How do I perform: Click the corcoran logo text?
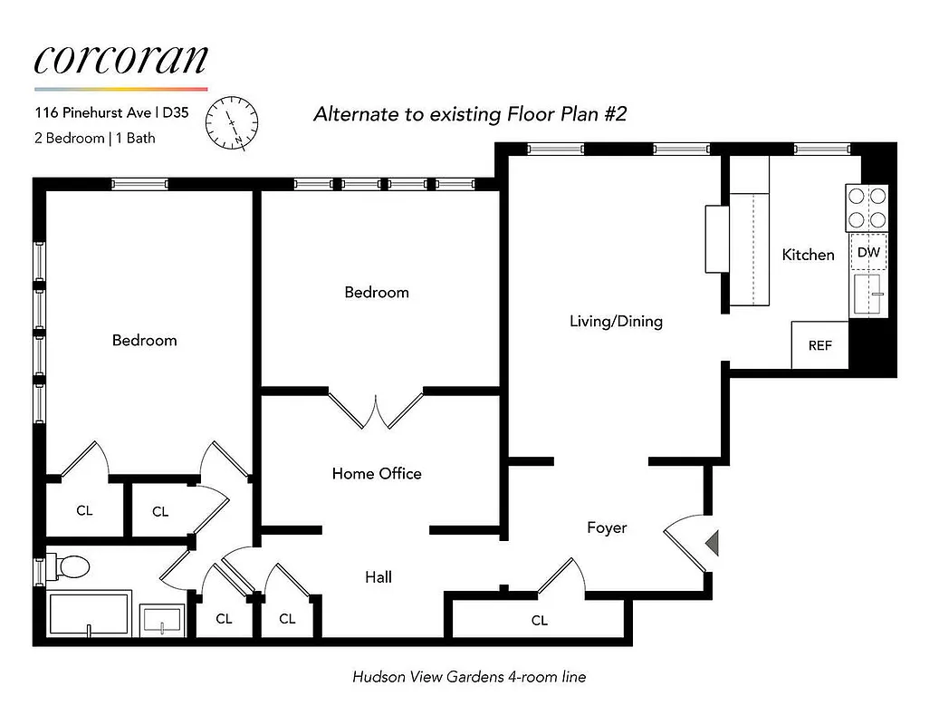pos(121,59)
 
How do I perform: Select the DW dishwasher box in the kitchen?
pos(867,252)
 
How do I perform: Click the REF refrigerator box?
pos(819,345)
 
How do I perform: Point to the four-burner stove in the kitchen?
pos(867,208)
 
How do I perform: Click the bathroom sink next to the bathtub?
pos(163,621)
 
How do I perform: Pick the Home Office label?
pos(377,473)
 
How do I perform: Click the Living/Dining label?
pos(616,321)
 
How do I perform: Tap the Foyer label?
pos(607,527)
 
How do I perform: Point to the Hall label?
pos(378,576)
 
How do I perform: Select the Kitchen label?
pos(808,255)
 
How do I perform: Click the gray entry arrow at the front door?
pos(712,542)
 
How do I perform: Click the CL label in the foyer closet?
pos(540,621)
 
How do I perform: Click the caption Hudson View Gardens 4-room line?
pos(468,676)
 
